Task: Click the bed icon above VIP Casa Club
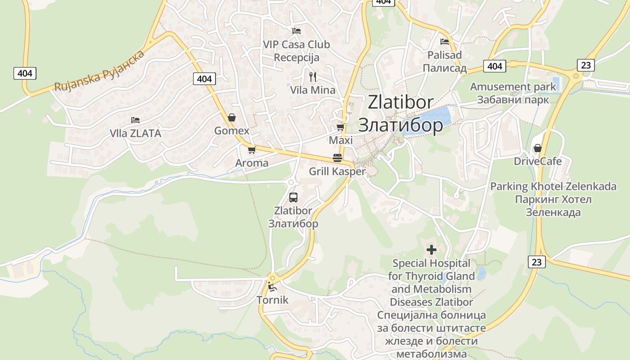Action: click(x=297, y=31)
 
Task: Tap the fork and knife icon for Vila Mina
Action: click(x=313, y=77)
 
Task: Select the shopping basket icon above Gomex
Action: click(x=232, y=118)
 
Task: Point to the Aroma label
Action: click(x=252, y=163)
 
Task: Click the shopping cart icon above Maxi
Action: click(x=341, y=127)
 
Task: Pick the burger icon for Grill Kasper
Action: click(x=337, y=158)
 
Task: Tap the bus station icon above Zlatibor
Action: click(x=293, y=197)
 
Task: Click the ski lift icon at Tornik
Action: click(x=272, y=287)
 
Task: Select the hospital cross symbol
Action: click(x=432, y=249)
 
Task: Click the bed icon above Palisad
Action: click(x=445, y=42)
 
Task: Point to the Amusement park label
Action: click(x=513, y=86)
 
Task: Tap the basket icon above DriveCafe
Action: click(x=537, y=148)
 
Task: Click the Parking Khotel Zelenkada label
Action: click(x=553, y=186)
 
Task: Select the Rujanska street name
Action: click(x=99, y=72)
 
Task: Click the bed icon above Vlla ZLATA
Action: click(x=135, y=120)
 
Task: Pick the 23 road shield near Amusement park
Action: click(x=585, y=65)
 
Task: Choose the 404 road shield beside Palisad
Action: click(x=495, y=66)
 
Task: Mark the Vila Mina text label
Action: click(x=313, y=90)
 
